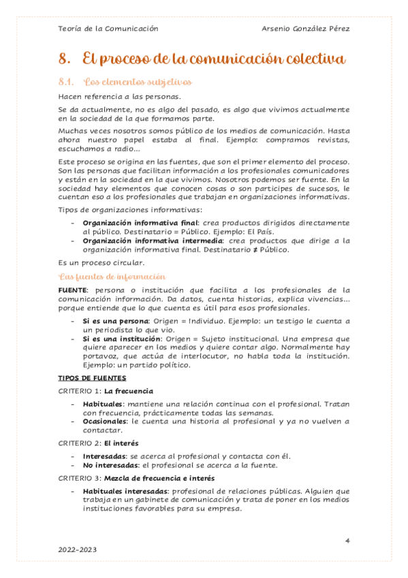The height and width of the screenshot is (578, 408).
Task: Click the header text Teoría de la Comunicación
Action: click(x=108, y=29)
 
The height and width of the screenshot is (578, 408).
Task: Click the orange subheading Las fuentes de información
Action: click(x=112, y=276)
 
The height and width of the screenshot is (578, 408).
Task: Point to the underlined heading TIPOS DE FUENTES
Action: click(x=92, y=378)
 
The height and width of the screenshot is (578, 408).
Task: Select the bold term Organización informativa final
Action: click(x=140, y=223)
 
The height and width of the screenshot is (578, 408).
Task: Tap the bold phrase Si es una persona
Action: click(x=115, y=320)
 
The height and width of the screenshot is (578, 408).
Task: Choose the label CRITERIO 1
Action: click(x=79, y=391)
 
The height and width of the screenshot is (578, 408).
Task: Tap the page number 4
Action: click(x=347, y=541)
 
